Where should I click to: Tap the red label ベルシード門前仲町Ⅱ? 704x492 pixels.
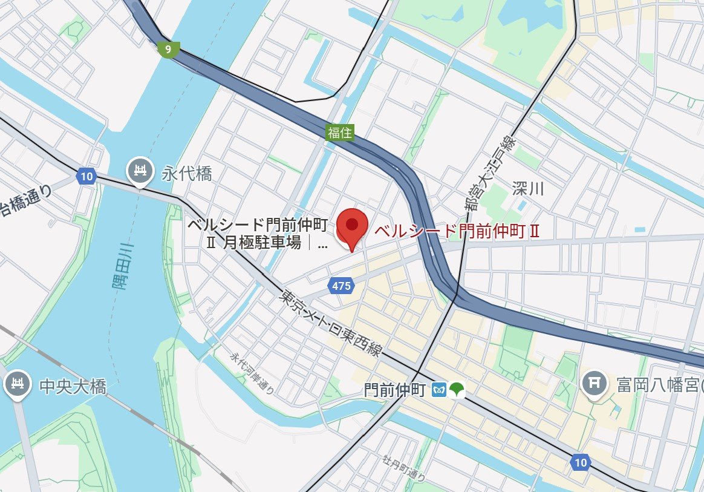click(456, 231)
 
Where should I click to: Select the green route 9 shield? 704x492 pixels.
click(167, 49)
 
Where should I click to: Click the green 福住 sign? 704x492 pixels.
click(340, 133)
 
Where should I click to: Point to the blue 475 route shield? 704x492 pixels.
click(341, 286)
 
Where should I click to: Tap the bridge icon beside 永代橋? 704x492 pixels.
click(140, 171)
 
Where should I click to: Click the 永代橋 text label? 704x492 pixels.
click(187, 174)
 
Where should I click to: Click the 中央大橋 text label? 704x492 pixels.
click(73, 386)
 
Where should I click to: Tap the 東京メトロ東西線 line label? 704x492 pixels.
click(330, 323)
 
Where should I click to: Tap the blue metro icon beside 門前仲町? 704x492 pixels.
click(440, 390)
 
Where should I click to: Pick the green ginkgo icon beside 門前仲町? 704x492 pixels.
click(457, 390)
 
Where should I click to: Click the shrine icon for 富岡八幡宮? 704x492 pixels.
click(595, 384)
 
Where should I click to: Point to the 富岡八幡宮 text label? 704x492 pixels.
click(656, 384)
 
